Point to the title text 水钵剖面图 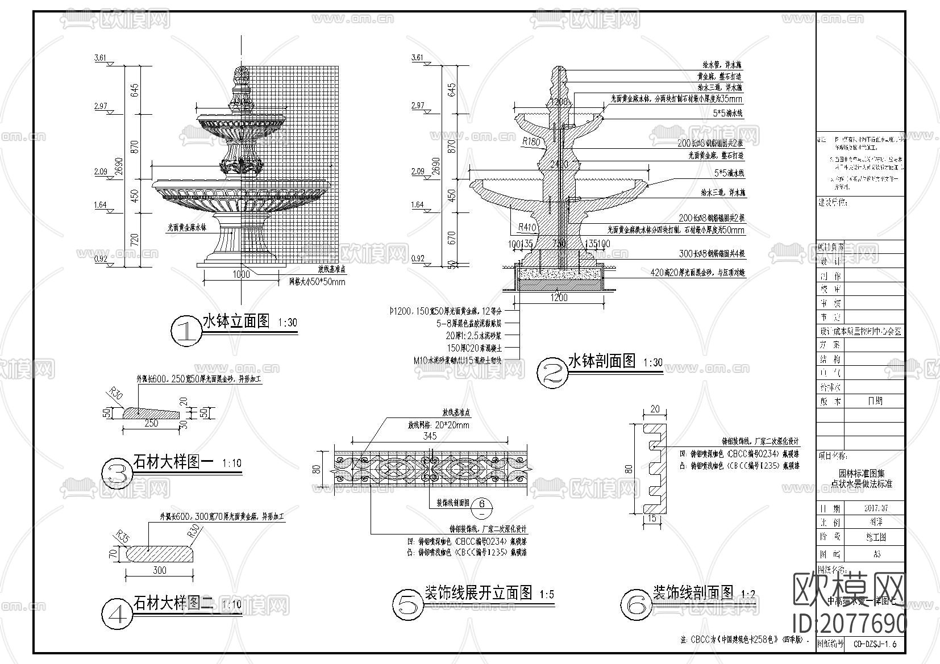(602, 361)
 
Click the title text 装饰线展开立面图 (479, 593)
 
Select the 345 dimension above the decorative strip (430, 436)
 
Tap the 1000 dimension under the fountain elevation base (242, 274)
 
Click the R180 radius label (531, 142)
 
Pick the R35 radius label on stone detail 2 (122, 534)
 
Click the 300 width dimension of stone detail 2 (160, 570)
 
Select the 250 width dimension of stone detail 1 (151, 423)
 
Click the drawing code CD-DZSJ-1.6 (875, 644)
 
